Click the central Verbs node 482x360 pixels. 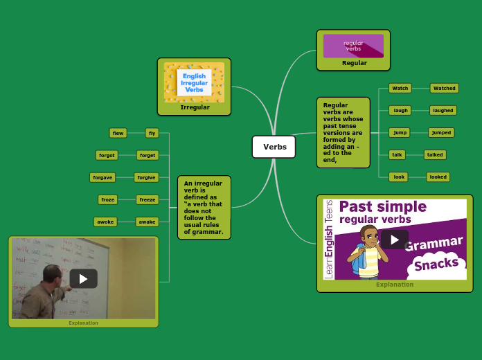click(x=274, y=147)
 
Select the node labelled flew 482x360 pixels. click(x=118, y=133)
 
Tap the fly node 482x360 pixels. click(x=152, y=133)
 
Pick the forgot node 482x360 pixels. click(x=107, y=155)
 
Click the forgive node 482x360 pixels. click(x=146, y=177)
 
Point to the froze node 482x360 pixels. click(x=107, y=199)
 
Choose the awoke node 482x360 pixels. click(x=105, y=222)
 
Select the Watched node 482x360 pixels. click(x=444, y=88)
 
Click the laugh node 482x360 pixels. click(x=400, y=110)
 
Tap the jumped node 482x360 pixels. click(x=440, y=132)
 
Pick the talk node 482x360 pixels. click(x=397, y=154)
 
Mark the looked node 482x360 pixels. click(x=438, y=177)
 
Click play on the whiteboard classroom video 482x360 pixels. click(x=83, y=278)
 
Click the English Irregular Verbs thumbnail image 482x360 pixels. click(x=194, y=82)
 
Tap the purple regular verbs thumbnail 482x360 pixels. click(x=353, y=46)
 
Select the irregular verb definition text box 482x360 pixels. click(x=204, y=207)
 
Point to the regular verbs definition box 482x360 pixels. click(x=343, y=132)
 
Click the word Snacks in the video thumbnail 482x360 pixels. click(x=437, y=263)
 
